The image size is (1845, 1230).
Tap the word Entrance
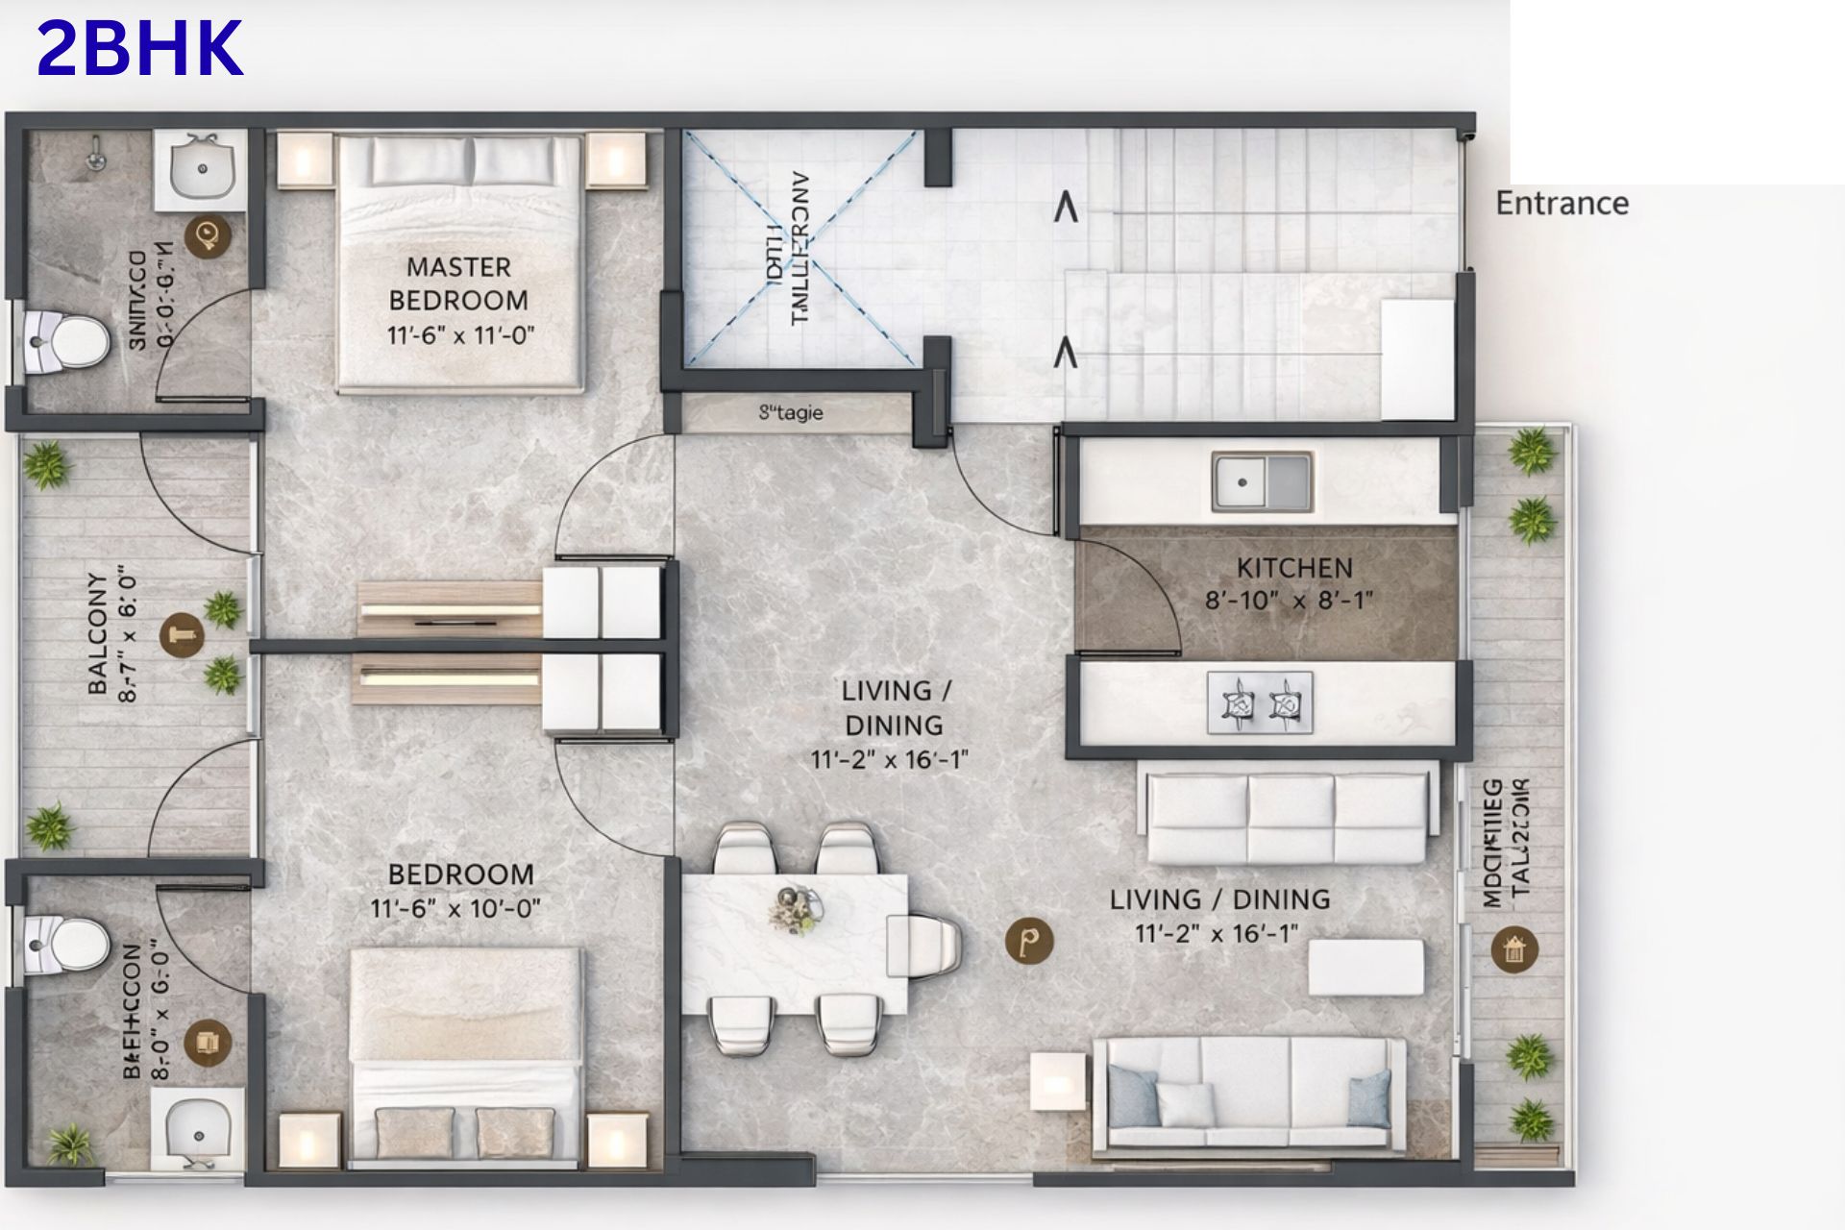(x=1562, y=204)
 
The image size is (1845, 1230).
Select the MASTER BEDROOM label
(x=458, y=283)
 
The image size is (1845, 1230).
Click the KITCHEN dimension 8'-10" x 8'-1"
(x=1289, y=601)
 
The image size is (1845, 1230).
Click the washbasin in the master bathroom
(x=202, y=170)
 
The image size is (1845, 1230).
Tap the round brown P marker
(x=1029, y=940)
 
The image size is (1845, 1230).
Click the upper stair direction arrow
(x=1065, y=208)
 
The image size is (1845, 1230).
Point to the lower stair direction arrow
(x=1064, y=354)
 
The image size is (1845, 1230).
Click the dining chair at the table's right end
(x=924, y=945)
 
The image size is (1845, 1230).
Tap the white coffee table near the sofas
(x=1365, y=967)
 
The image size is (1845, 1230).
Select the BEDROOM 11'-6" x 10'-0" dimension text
(x=455, y=908)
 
